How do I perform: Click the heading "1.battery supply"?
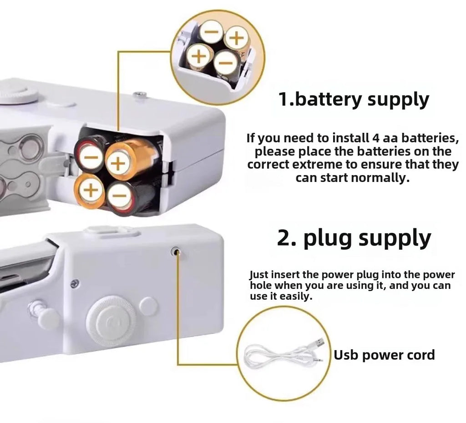click(x=354, y=100)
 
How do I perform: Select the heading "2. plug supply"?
click(x=354, y=238)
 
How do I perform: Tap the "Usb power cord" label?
click(x=385, y=355)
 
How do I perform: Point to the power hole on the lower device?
click(x=175, y=251)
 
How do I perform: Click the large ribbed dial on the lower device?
click(x=111, y=321)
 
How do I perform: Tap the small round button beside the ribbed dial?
click(x=148, y=306)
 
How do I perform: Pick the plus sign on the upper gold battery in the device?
click(x=118, y=162)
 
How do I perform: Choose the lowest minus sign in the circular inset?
click(x=226, y=62)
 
